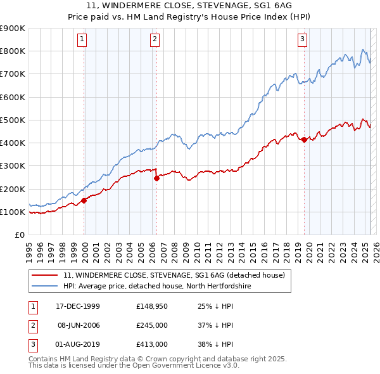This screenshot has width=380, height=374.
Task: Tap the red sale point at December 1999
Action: click(84, 200)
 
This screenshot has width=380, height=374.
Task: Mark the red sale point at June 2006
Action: click(156, 179)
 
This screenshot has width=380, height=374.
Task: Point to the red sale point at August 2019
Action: click(304, 139)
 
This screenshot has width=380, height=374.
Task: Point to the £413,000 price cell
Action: click(151, 344)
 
